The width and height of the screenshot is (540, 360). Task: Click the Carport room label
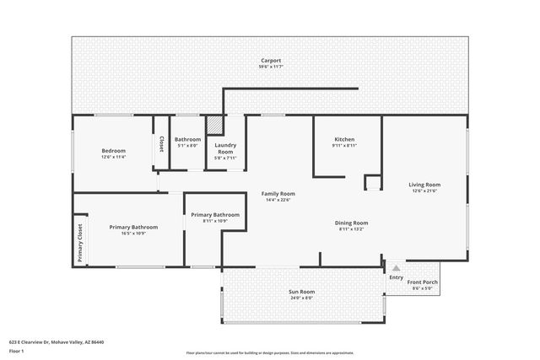(270, 61)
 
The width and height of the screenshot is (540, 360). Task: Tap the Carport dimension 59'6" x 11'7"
(270, 67)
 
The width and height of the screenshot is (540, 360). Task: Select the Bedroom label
(113, 150)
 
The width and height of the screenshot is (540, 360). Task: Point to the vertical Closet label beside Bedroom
(161, 144)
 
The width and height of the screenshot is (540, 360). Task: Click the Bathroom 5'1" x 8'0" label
(187, 139)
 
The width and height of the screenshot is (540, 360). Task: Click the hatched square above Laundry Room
(215, 125)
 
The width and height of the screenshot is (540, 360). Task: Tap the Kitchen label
(344, 139)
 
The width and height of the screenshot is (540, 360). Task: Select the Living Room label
(425, 185)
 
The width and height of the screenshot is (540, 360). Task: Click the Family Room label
(278, 194)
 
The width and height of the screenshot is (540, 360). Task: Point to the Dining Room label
(354, 223)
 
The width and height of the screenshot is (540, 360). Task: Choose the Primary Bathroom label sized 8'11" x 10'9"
(215, 215)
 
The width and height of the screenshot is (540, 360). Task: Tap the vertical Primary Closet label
(80, 243)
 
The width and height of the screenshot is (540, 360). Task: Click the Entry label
(396, 277)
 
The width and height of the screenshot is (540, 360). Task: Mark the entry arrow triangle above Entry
(396, 267)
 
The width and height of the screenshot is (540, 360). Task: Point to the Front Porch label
(422, 282)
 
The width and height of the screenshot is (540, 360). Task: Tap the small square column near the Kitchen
(372, 182)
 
